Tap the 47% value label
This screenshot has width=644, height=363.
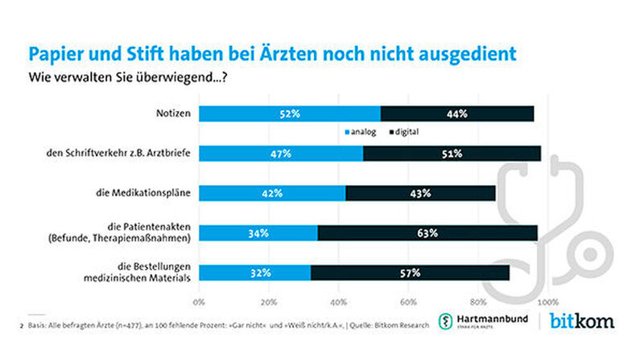281,154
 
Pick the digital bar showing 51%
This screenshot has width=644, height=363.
452,154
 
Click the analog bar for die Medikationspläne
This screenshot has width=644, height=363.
271,193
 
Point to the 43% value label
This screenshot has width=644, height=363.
420,193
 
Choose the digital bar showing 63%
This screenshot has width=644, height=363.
427,233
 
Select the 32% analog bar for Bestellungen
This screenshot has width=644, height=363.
254,273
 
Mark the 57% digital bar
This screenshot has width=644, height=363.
410,273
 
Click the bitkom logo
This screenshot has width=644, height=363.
582,321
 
